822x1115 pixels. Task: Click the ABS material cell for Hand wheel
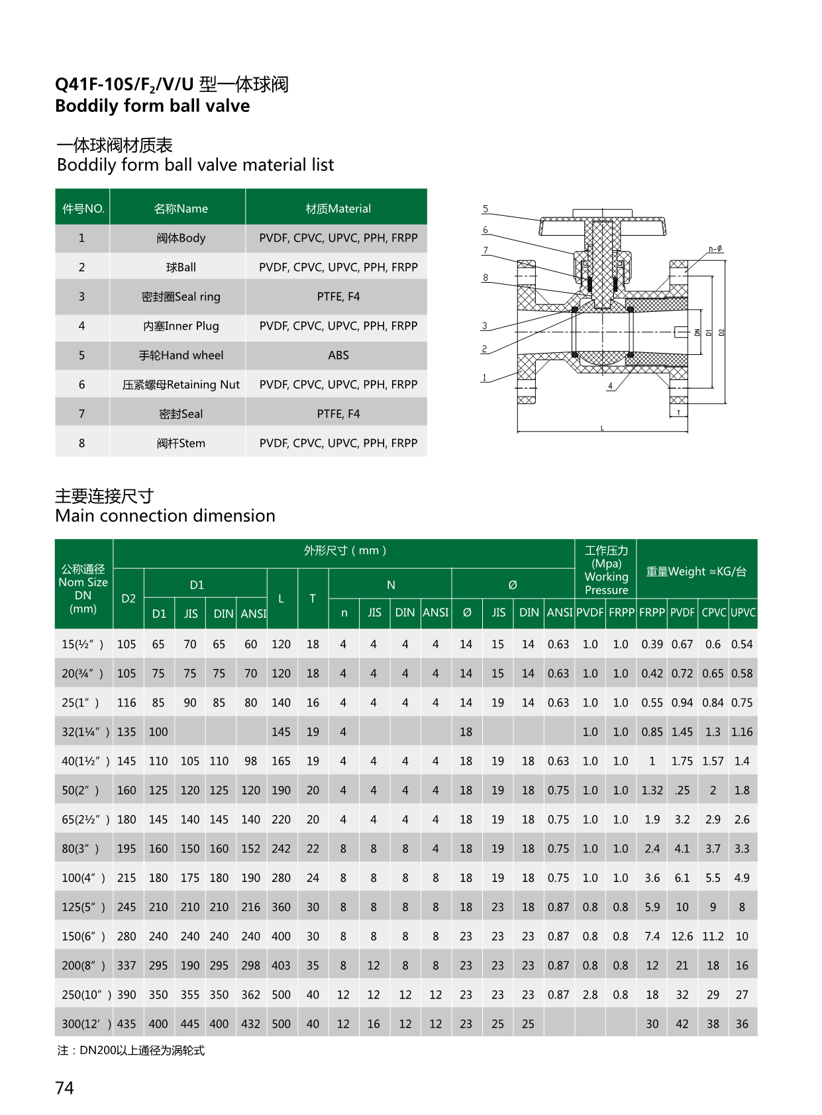(338, 356)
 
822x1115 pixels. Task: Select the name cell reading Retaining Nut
(181, 385)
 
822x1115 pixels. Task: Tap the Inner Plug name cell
(181, 326)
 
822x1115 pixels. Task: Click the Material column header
(338, 209)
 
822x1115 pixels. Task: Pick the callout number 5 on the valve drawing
(486, 209)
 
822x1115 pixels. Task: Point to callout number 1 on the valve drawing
(484, 378)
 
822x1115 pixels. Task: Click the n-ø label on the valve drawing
(715, 249)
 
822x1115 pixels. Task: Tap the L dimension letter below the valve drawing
(602, 428)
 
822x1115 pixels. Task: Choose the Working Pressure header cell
(606, 570)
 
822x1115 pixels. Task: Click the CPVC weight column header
(714, 613)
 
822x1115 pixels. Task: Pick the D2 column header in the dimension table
(128, 599)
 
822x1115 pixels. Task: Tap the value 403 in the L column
(281, 966)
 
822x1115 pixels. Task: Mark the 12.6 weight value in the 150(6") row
(682, 937)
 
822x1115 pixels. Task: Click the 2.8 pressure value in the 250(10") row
(590, 995)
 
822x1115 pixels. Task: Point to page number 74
(65, 1088)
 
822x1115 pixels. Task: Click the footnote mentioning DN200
(131, 1051)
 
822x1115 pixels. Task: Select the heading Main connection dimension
(165, 516)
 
